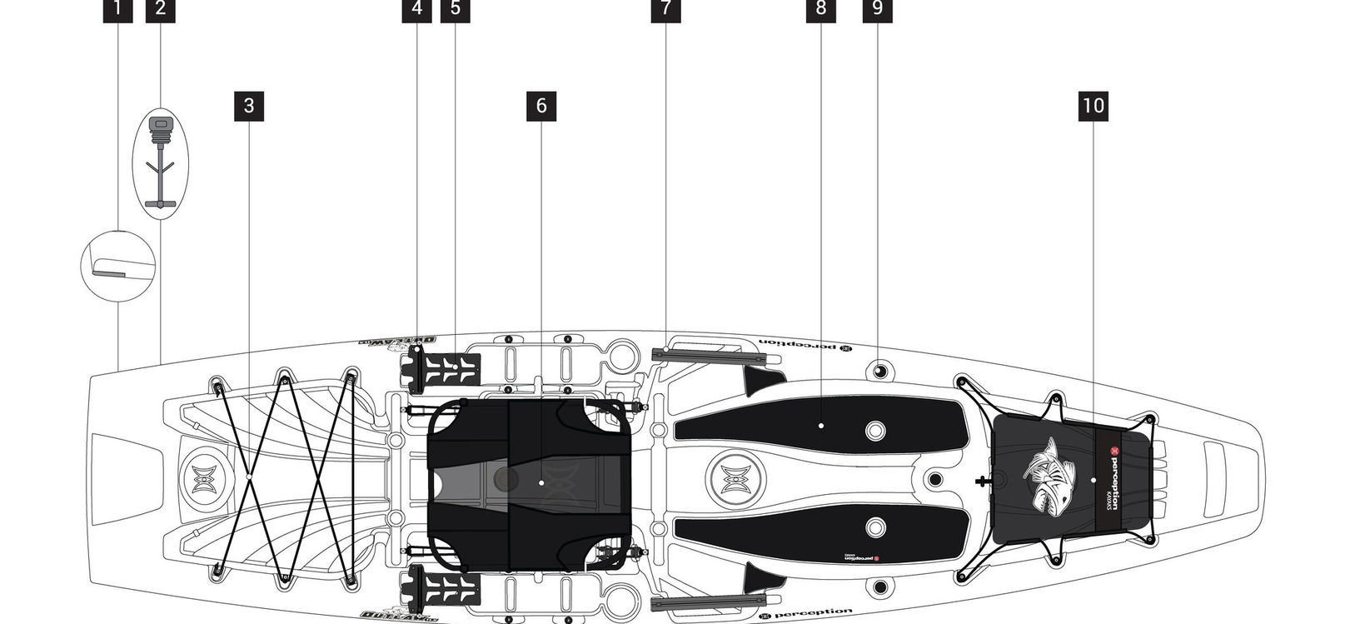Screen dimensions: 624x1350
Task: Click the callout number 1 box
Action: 117,9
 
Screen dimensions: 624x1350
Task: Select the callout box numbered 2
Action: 160,9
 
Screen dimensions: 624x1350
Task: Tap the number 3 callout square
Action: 249,106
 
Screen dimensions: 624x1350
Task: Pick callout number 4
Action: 416,9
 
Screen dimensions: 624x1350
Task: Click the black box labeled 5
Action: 456,9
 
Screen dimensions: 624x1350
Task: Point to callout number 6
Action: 541,106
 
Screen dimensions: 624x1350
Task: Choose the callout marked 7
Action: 665,9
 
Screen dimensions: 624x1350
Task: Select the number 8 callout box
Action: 821,9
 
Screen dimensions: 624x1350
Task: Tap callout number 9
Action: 877,9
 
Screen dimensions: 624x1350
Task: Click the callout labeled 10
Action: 1093,106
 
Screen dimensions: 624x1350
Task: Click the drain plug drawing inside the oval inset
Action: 160,162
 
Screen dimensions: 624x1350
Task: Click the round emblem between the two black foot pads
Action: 731,480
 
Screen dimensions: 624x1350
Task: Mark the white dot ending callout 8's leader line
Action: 821,426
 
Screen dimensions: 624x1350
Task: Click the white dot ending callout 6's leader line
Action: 541,482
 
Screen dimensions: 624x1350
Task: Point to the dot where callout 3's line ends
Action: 249,477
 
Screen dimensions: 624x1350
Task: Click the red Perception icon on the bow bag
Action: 1113,455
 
